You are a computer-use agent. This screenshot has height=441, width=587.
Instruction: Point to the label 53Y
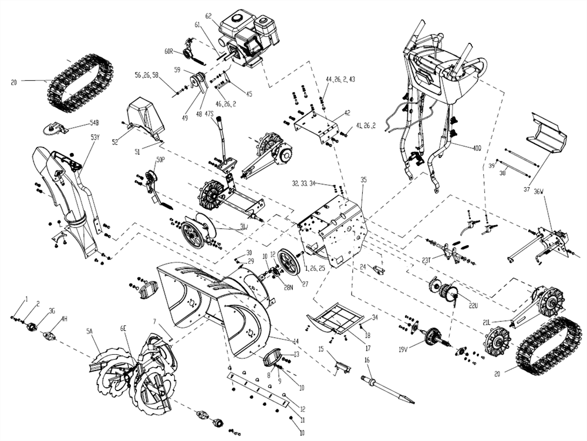coord(95,138)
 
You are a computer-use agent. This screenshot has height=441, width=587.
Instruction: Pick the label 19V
coord(403,350)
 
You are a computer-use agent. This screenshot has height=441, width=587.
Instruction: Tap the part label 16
coord(367,360)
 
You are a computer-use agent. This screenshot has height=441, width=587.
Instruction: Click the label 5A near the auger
coord(89,331)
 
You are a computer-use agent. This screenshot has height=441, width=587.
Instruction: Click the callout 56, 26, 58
coord(147,76)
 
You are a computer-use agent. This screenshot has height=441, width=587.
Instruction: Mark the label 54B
coord(95,123)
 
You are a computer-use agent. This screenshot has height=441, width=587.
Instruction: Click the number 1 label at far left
coord(26,300)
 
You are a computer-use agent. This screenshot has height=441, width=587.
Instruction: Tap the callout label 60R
coord(169,52)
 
